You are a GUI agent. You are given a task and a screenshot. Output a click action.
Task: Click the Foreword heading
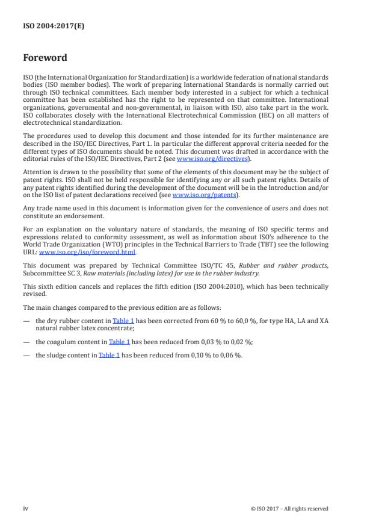[x=45, y=58]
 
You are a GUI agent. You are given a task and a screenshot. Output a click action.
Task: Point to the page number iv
[x=26, y=508]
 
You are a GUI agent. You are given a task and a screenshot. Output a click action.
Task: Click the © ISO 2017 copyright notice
[x=289, y=509]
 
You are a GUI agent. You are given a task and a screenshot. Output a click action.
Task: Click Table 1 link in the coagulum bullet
[x=119, y=342]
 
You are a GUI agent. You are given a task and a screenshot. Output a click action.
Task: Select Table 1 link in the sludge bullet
[x=109, y=355]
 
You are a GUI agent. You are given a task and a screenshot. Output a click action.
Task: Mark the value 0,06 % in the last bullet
[x=230, y=355]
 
